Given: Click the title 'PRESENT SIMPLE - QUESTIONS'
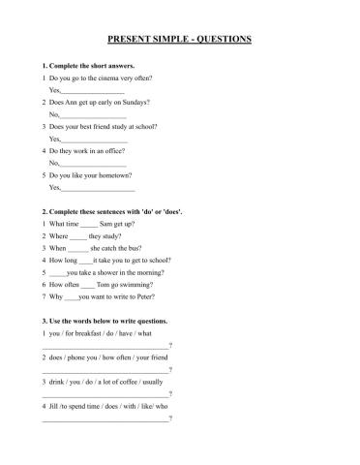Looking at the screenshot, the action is (179, 40).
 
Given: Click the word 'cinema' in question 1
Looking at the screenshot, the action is (113, 77).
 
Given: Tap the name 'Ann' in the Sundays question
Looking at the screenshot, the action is (79, 102).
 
